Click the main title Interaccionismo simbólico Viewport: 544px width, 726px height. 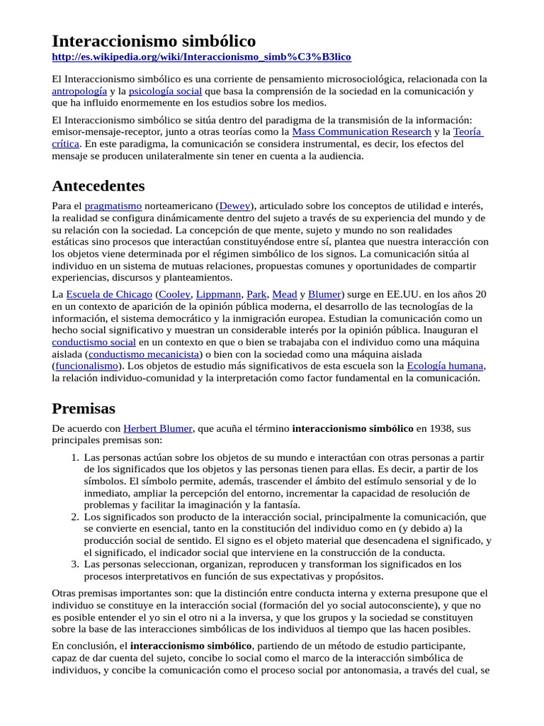point(154,40)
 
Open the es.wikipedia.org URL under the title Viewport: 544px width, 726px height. point(201,57)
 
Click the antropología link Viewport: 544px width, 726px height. point(79,91)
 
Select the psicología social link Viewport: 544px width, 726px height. point(165,91)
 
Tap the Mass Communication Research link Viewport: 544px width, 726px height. point(361,132)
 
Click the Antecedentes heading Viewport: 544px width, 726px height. point(98,186)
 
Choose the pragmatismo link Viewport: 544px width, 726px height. point(113,206)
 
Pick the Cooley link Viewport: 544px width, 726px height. point(174,294)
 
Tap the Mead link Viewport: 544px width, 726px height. point(283,294)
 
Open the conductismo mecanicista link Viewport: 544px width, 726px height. point(144,354)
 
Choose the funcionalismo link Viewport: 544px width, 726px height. point(86,367)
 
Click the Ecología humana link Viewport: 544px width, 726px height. point(445,367)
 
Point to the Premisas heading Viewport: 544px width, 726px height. point(84,409)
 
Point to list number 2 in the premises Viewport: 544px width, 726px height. point(75,518)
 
